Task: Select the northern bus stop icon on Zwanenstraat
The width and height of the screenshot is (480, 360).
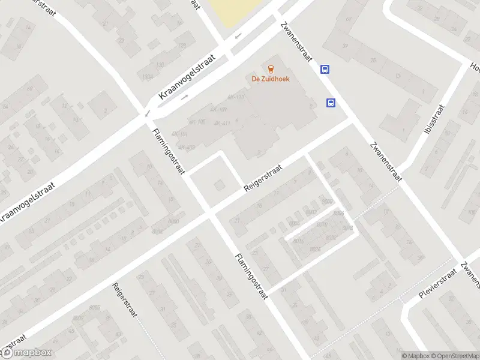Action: click(x=325, y=69)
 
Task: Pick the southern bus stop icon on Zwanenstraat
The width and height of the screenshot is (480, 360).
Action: click(x=331, y=103)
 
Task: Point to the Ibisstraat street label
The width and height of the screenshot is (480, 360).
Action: click(x=435, y=119)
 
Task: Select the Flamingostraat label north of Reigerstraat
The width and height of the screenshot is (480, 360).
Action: click(x=169, y=152)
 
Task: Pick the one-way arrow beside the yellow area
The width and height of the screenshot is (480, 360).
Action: click(x=238, y=35)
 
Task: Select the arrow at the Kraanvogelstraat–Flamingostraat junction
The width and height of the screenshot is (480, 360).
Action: click(x=147, y=113)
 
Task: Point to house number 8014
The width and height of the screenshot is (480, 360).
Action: click(x=347, y=228)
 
